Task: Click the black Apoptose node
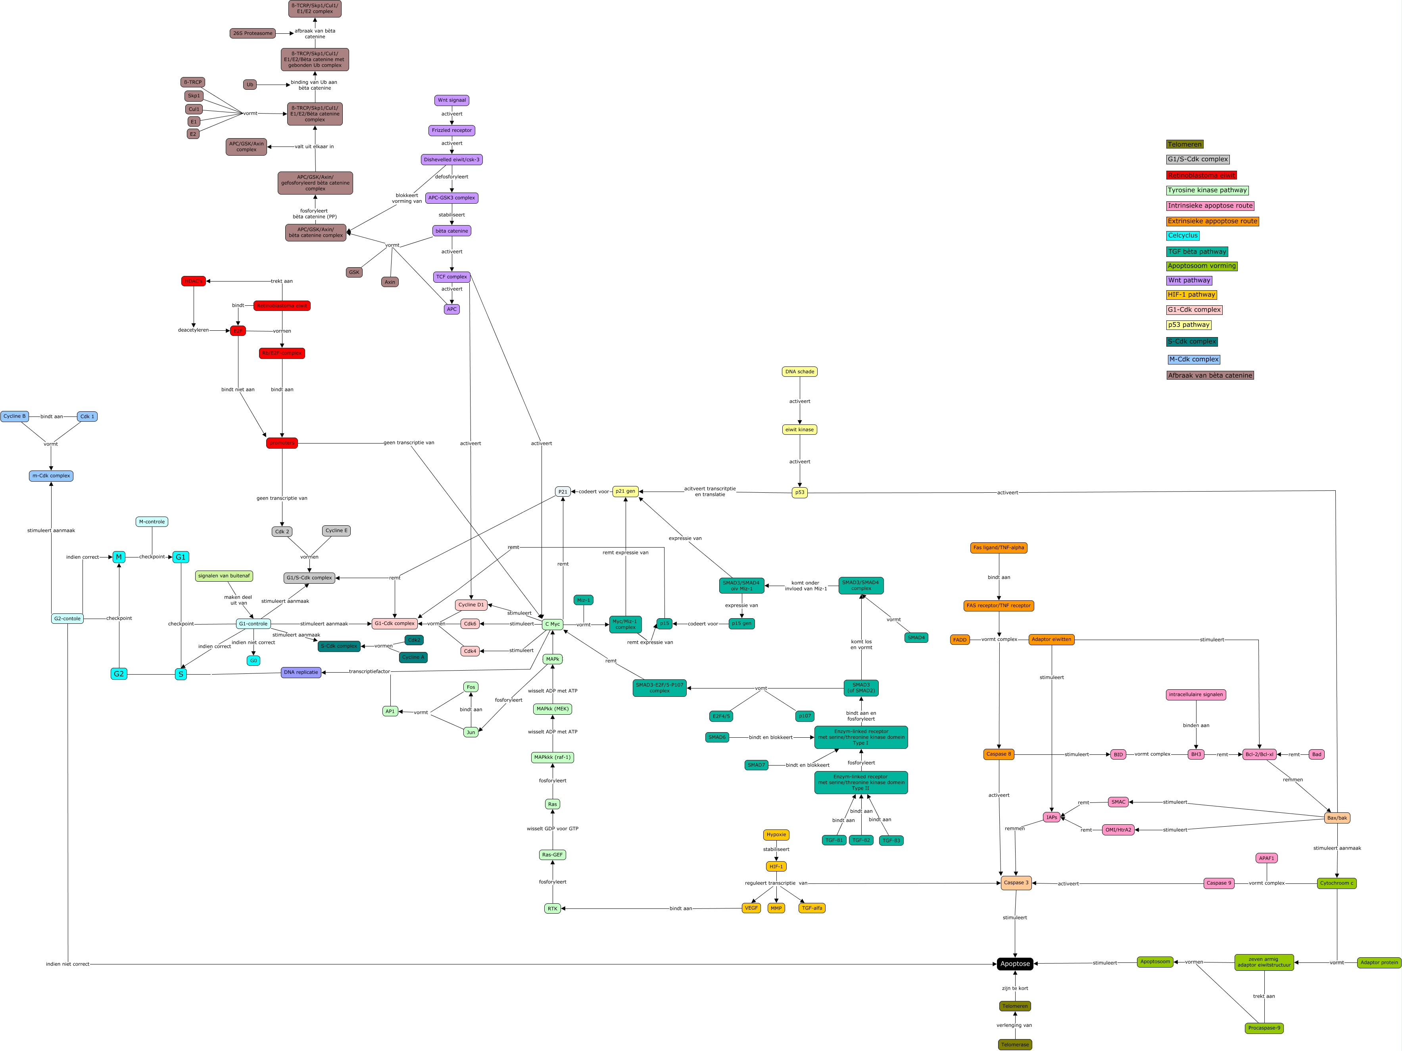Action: point(1015,964)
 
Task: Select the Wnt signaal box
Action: point(452,100)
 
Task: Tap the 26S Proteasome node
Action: point(252,33)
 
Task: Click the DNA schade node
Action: point(799,372)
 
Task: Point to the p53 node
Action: point(799,492)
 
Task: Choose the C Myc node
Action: point(553,624)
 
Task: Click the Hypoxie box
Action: point(776,835)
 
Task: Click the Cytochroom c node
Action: point(1336,883)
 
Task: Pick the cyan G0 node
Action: point(254,660)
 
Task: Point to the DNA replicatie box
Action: point(301,672)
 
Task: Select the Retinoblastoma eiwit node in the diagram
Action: point(282,306)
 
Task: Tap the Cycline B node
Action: point(15,417)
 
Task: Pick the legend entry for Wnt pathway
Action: point(1189,280)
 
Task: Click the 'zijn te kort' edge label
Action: point(1015,988)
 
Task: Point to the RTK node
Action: point(553,909)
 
